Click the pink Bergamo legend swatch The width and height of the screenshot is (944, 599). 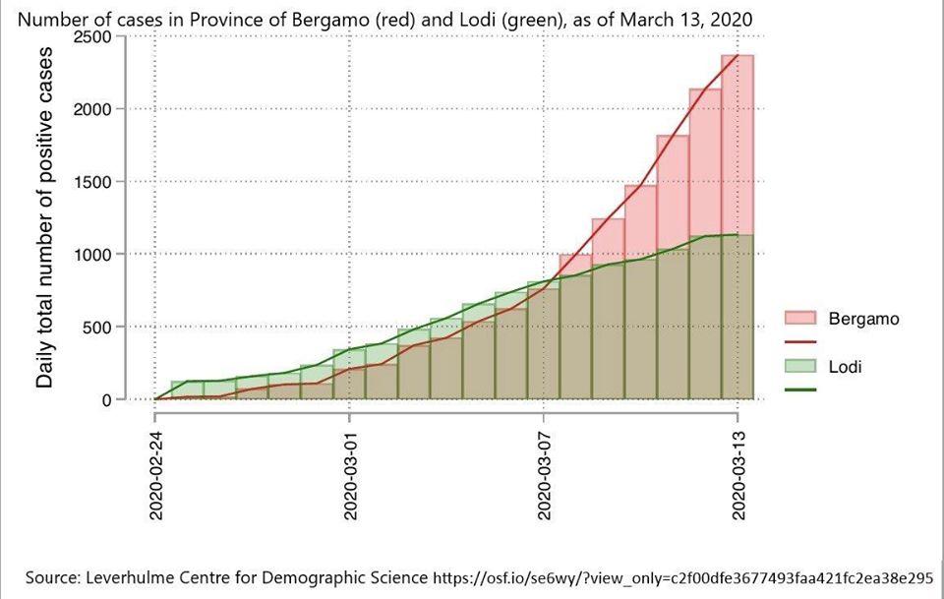[801, 318]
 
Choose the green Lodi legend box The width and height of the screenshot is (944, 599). [801, 367]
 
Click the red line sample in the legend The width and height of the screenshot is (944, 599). [801, 341]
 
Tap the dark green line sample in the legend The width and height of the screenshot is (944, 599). [801, 390]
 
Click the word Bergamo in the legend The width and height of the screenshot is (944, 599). [863, 319]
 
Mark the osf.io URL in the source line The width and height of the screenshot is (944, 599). [682, 577]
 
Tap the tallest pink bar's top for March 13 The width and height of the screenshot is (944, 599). [738, 56]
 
